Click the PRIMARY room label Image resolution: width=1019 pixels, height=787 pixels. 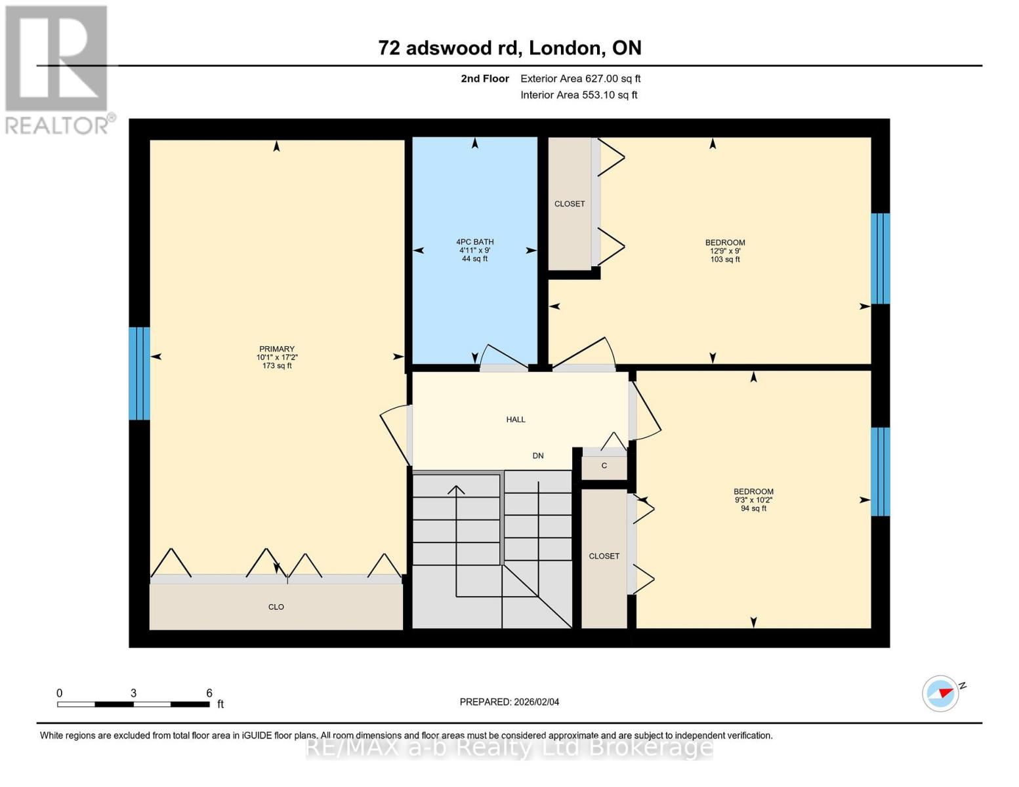276,349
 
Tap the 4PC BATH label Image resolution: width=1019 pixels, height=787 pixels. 474,242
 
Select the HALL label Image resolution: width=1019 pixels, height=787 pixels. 516,420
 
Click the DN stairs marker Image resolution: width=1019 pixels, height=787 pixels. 538,456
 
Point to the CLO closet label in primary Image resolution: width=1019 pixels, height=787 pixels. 276,607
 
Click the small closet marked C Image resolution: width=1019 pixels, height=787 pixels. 604,466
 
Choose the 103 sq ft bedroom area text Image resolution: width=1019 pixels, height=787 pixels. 725,260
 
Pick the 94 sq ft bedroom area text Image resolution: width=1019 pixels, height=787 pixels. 753,508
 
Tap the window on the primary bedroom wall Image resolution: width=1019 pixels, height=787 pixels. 139,373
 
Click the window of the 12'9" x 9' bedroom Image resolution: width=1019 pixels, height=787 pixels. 880,258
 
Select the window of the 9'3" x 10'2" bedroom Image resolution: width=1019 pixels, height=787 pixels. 880,472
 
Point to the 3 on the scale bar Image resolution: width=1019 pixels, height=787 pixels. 134,693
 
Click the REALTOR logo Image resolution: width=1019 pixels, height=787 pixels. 58,70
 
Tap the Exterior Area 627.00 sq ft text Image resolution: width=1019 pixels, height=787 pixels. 580,79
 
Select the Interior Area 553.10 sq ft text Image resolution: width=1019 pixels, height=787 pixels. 579,95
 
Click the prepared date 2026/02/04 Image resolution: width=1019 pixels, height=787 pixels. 509,702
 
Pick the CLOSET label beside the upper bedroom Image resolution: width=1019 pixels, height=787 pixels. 570,204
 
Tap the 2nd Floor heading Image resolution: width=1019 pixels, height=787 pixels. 484,79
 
